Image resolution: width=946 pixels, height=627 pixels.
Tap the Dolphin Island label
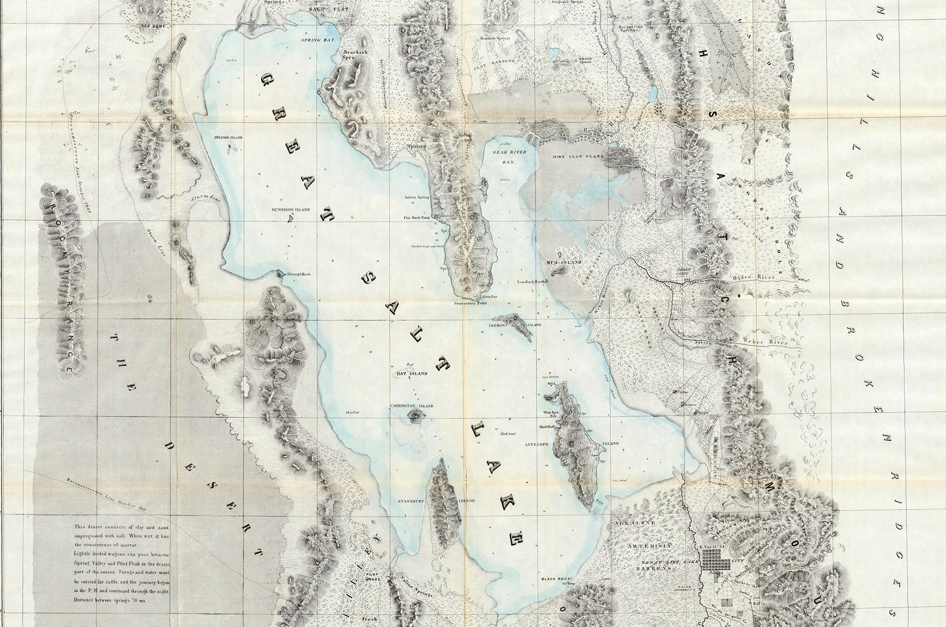(228, 138)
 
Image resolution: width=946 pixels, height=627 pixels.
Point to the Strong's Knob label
(298, 274)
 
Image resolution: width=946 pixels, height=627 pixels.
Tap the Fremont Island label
(514, 325)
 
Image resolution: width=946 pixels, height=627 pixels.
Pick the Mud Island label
(563, 263)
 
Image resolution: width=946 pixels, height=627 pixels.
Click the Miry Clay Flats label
(577, 157)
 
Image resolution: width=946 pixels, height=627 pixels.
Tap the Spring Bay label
(318, 41)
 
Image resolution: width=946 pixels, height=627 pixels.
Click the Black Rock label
(557, 579)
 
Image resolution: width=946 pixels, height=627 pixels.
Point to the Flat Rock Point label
(417, 218)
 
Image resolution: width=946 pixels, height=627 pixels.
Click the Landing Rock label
(532, 281)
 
